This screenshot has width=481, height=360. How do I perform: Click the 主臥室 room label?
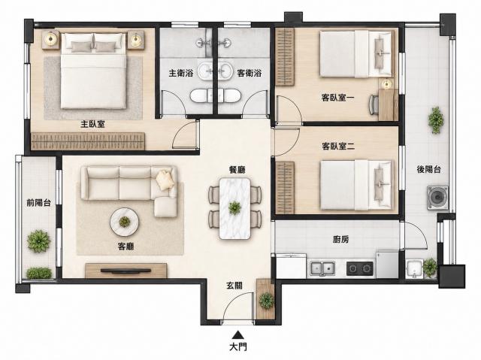click(x=92, y=124)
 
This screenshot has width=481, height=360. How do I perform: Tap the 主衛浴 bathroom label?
click(x=181, y=74)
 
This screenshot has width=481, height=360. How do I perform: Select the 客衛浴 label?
click(x=249, y=74)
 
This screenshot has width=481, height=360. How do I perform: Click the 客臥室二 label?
click(x=338, y=147)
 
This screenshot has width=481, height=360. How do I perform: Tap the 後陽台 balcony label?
click(x=429, y=169)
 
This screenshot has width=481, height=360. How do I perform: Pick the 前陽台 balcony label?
click(x=38, y=202)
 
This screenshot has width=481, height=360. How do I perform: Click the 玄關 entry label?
click(x=234, y=286)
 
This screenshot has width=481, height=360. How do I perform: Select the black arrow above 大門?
click(x=237, y=334)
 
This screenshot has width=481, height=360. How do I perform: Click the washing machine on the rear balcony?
click(x=437, y=198)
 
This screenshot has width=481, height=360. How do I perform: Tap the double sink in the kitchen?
click(x=322, y=268)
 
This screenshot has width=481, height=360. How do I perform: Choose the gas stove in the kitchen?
click(x=360, y=268)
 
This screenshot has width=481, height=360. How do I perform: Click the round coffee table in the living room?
click(x=125, y=222)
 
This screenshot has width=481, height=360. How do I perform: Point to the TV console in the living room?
click(x=126, y=271)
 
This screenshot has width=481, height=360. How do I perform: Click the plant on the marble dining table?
click(x=234, y=208)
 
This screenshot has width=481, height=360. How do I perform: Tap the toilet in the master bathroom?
click(x=201, y=95)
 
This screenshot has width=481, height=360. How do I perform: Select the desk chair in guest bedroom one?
click(x=374, y=104)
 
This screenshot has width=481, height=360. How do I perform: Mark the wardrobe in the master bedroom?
click(x=88, y=141)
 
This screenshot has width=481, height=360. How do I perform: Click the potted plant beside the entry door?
click(x=266, y=301)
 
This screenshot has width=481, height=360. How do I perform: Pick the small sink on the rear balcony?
click(x=414, y=269)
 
